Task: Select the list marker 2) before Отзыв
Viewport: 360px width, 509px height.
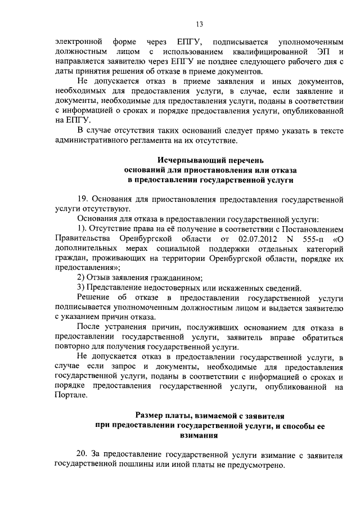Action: coord(81,278)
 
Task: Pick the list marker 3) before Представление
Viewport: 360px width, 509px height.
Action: coord(81,287)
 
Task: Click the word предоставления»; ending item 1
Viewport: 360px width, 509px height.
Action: coord(80,268)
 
